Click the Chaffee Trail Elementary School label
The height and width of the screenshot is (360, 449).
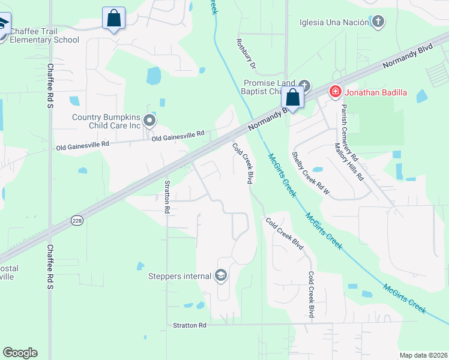point(44,35)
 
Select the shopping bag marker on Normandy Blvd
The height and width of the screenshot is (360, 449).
point(292,97)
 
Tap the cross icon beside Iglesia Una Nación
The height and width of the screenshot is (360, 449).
point(378,23)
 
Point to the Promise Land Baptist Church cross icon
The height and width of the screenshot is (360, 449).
point(305,85)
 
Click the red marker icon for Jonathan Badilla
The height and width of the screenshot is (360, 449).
point(334,92)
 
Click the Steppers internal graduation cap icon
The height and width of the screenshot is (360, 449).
point(220,276)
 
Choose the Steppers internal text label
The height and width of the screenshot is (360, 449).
point(179,276)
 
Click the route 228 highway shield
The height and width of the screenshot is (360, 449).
point(77,220)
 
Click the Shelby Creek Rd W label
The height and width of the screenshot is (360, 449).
point(310,173)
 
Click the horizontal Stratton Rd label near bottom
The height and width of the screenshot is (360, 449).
point(190,325)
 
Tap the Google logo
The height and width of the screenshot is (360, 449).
point(20,353)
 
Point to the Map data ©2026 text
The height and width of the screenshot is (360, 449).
point(423,355)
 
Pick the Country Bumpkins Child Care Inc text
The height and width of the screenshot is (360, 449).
point(106,121)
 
